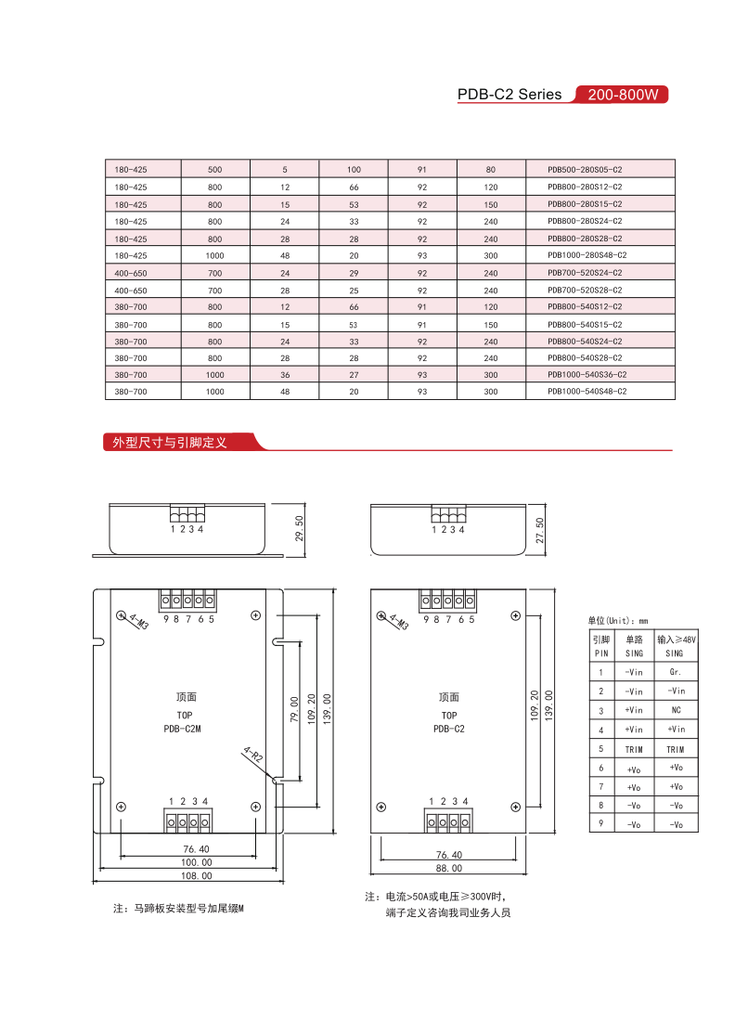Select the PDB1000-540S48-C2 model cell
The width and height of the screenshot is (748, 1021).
coord(587,392)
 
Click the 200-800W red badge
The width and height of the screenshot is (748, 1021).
coord(622,95)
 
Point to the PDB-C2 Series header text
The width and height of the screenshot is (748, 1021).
coord(509,95)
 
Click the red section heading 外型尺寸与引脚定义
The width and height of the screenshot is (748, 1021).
coord(170,443)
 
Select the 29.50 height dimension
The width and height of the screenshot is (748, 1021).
coord(299,530)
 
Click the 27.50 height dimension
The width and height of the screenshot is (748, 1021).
coord(540,530)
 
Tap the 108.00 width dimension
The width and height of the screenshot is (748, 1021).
coord(196,875)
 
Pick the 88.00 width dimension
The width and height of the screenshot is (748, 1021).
coord(448,868)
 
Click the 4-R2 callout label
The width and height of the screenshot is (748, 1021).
coord(252,755)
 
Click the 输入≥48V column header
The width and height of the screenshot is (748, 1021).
coord(676,640)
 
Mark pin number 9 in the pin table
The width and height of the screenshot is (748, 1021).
coord(600,823)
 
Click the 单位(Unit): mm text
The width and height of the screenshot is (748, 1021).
coord(617,620)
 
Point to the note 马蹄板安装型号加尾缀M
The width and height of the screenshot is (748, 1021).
coord(177,908)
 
